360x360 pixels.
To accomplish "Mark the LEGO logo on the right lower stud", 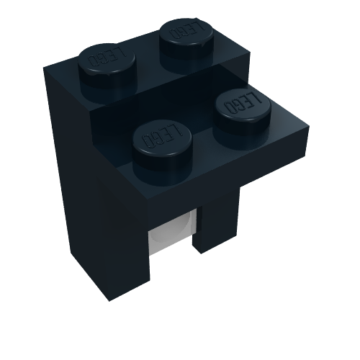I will tap(243, 102).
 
